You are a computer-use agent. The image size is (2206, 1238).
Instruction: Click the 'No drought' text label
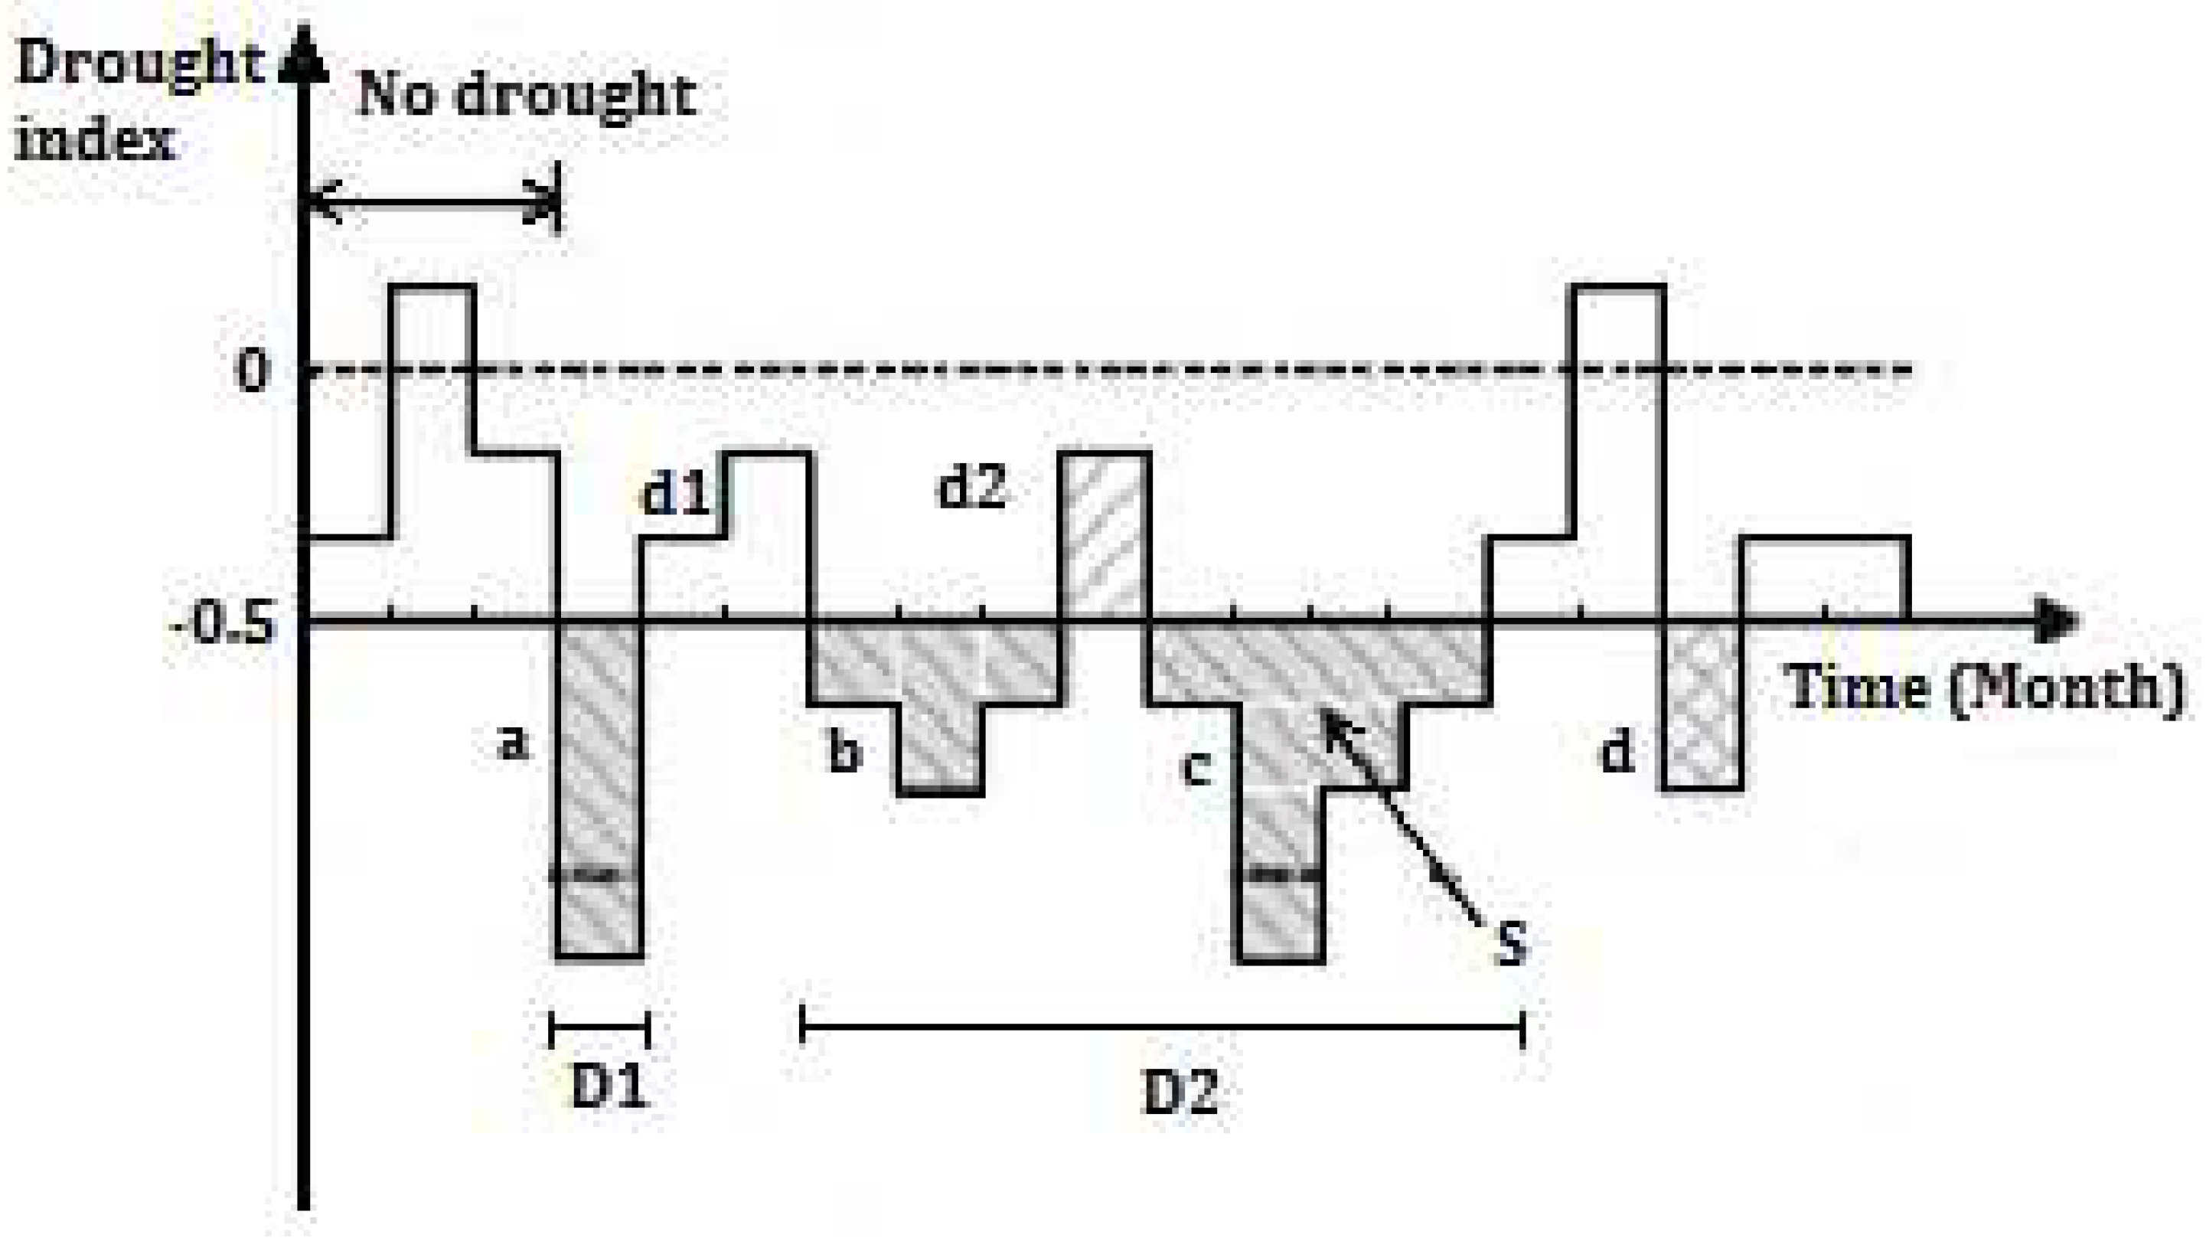click(x=524, y=96)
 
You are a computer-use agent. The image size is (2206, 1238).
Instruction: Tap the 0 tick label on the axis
click(x=253, y=372)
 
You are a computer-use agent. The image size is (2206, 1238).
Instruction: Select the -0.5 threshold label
click(x=225, y=623)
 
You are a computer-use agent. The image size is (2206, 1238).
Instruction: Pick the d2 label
click(x=972, y=488)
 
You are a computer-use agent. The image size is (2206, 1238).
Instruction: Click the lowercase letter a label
click(x=513, y=743)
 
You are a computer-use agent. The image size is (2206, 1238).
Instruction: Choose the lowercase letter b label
click(x=844, y=753)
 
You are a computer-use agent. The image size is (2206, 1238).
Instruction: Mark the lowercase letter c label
click(x=1196, y=769)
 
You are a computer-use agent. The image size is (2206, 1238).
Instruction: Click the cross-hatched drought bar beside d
click(x=1702, y=704)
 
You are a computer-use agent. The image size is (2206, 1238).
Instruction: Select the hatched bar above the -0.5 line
click(x=1104, y=535)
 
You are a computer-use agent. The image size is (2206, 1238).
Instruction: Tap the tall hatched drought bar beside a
click(x=599, y=789)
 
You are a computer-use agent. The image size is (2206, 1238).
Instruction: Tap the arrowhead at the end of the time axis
click(x=2062, y=619)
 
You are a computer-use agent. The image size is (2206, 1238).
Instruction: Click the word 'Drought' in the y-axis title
click(x=137, y=64)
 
